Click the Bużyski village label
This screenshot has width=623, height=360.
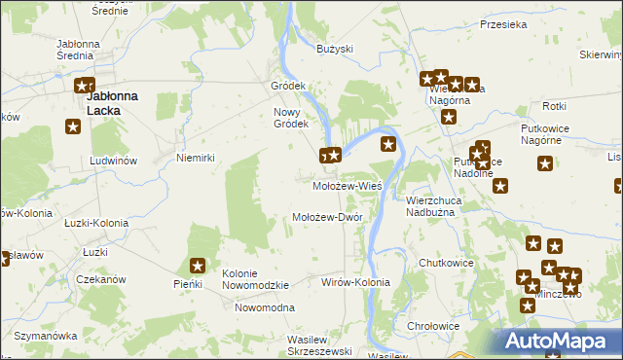[x=334, y=48]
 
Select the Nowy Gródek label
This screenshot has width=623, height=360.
[x=290, y=117]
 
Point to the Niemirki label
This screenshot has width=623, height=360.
[x=194, y=157]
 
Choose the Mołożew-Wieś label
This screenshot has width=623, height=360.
[x=347, y=185]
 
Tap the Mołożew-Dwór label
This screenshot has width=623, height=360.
[x=327, y=217]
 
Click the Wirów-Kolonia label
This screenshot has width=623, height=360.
[x=355, y=282]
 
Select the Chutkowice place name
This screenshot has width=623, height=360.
[x=445, y=263]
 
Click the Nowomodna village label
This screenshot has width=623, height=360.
[x=264, y=307]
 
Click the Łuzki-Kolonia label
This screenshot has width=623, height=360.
[x=91, y=223]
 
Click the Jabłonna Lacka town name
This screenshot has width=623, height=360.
[x=111, y=103]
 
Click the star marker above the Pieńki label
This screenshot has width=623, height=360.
[x=198, y=265]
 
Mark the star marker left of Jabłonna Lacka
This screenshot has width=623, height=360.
[x=72, y=126]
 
